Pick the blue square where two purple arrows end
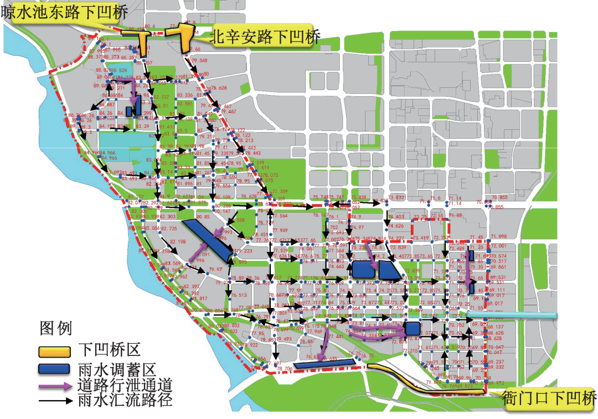[x=413, y=328]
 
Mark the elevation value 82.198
[x=178, y=242]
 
